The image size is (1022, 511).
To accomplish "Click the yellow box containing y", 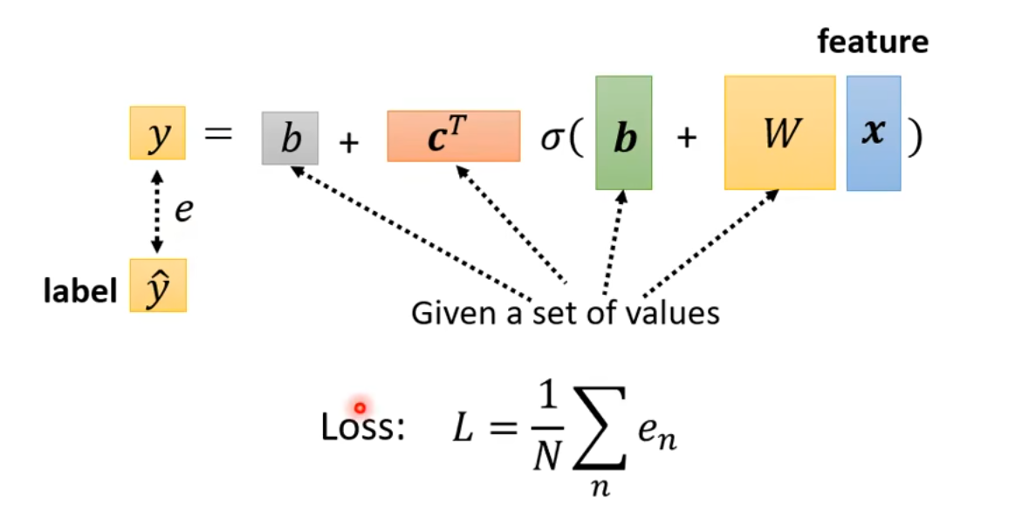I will [157, 133].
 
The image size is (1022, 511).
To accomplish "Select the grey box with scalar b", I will [290, 138].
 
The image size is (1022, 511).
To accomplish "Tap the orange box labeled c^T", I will [453, 136].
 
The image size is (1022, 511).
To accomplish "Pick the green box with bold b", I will [623, 133].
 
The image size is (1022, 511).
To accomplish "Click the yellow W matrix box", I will [779, 133].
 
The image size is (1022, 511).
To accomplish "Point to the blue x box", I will [873, 133].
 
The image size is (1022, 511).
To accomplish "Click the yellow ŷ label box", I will [157, 285].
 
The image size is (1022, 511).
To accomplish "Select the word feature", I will [873, 41].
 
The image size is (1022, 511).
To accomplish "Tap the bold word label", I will [80, 291].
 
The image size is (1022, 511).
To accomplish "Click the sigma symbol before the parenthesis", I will [552, 138].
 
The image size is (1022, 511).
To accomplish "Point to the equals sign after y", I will [219, 135].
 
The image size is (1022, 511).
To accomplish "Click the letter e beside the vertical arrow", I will [182, 210].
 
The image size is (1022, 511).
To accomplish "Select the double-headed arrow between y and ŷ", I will [157, 210].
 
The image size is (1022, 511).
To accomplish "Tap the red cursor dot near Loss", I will [360, 407].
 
